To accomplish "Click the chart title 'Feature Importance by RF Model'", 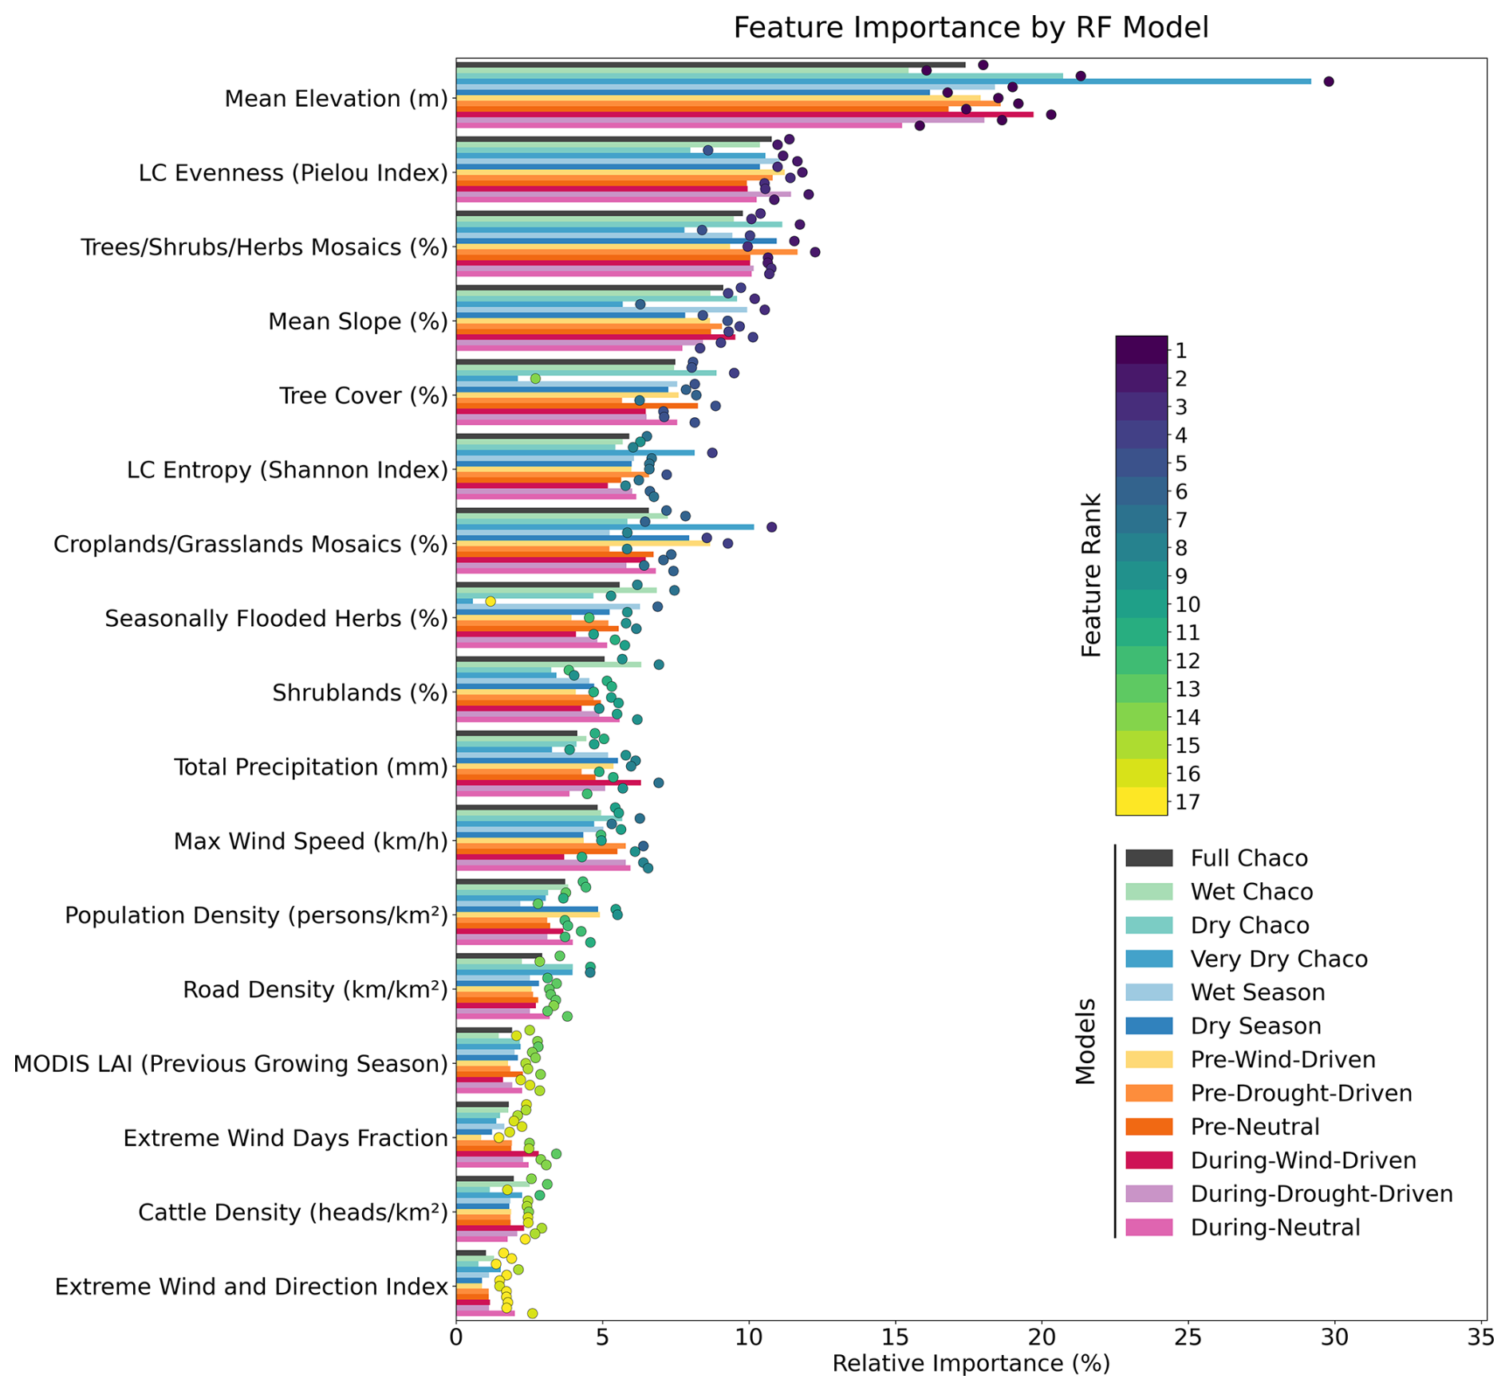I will [970, 28].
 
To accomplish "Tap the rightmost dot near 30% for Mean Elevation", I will [1328, 81].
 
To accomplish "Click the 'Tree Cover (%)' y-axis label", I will [363, 396].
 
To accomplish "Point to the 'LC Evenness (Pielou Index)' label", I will [293, 173].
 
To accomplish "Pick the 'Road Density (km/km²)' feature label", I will [315, 990].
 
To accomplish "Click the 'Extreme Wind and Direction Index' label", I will [251, 1287].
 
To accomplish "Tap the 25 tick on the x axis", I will [1188, 1336].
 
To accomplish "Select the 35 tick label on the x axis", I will [1481, 1336].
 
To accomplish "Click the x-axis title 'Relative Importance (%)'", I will [970, 1364].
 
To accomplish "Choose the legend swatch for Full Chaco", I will [1148, 858].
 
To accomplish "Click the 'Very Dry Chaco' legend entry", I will [1279, 959].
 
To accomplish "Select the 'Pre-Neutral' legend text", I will [1255, 1127].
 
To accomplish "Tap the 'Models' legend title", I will [1085, 1042].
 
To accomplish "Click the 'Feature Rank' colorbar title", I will [1091, 575].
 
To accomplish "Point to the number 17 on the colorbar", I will [1187, 802].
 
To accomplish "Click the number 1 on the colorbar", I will [1180, 350].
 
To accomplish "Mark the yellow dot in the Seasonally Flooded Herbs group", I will [491, 601].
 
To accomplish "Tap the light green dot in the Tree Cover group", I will [535, 378].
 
